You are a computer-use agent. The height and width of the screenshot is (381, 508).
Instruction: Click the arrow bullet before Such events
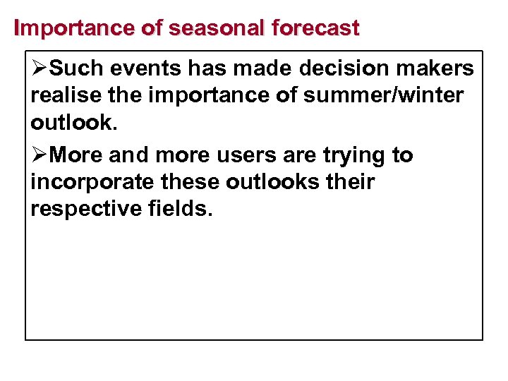(40, 68)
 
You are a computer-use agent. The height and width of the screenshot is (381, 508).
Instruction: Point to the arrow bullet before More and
(40, 155)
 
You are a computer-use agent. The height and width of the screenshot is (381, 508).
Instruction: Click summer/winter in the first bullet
(384, 95)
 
